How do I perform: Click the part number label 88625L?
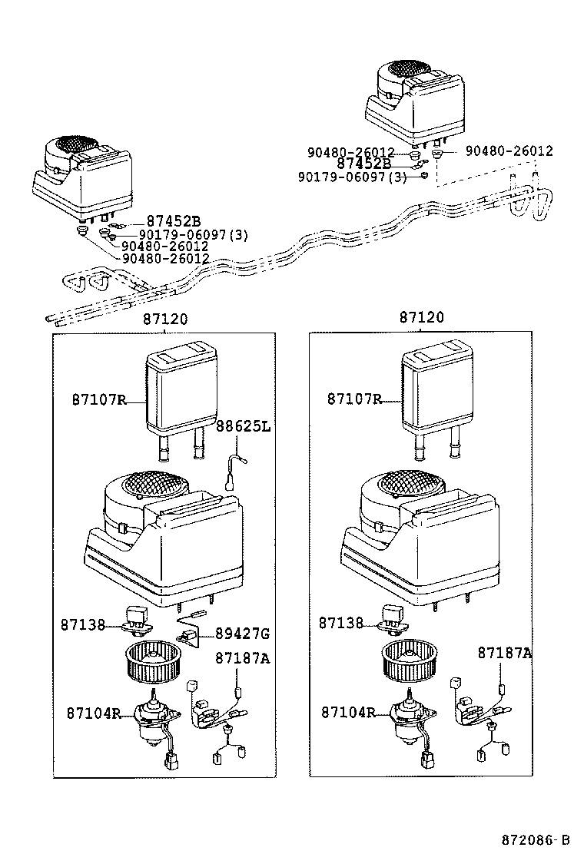click(243, 426)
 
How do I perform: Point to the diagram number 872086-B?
click(531, 838)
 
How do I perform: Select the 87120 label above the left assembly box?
click(164, 319)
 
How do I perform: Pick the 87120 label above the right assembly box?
click(420, 319)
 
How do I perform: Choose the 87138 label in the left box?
click(82, 624)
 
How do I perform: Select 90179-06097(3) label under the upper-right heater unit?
click(352, 177)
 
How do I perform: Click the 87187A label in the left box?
click(242, 658)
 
